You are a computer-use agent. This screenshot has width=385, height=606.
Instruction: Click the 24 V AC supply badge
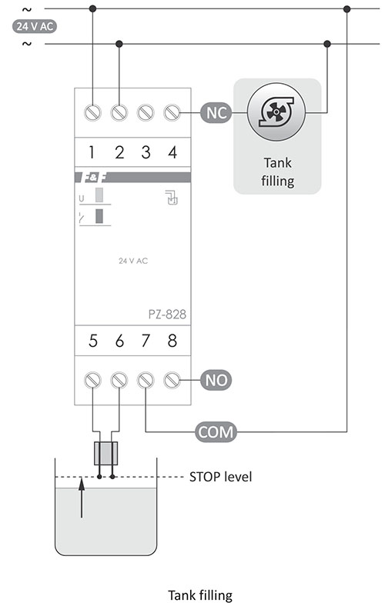click(x=35, y=26)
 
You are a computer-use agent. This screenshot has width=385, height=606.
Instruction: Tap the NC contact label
click(x=216, y=113)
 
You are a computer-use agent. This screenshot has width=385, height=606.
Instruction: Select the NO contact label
click(x=216, y=381)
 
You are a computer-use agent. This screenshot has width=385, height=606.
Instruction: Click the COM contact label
click(x=216, y=431)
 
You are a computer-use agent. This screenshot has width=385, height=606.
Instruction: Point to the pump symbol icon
click(x=276, y=113)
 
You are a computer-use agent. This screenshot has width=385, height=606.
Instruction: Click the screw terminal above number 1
click(x=92, y=112)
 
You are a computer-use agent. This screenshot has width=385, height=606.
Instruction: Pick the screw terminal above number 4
click(x=172, y=112)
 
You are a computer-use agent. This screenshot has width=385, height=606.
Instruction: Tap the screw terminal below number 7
click(x=146, y=381)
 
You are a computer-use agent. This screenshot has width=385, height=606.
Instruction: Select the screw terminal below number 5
click(x=92, y=381)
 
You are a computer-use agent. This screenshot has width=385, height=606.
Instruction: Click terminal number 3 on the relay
click(x=146, y=152)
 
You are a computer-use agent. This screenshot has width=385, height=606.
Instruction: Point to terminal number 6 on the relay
click(x=119, y=341)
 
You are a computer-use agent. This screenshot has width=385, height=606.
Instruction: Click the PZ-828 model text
click(x=167, y=315)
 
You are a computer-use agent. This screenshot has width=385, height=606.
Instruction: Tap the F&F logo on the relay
click(x=93, y=178)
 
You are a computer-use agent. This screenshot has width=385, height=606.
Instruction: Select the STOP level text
click(x=220, y=477)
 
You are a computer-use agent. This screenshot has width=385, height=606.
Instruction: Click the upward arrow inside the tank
click(x=82, y=498)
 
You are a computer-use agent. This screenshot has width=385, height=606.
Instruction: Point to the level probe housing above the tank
click(x=105, y=453)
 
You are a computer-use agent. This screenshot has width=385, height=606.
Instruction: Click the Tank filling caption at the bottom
click(x=200, y=594)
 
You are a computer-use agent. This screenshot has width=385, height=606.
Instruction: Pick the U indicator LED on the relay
click(x=99, y=195)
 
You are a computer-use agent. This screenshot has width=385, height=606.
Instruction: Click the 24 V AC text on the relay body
click(x=133, y=261)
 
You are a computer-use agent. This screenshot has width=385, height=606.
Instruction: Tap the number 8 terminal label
click(x=172, y=341)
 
